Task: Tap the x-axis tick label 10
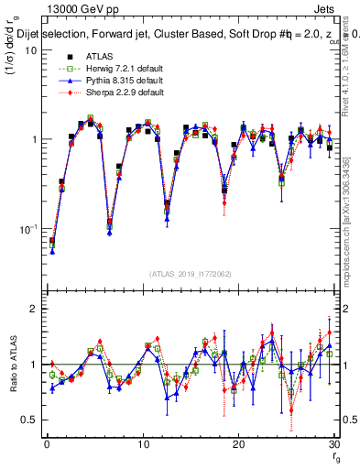click(x=142, y=444)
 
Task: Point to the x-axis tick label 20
click(x=238, y=444)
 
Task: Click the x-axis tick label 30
click(x=334, y=444)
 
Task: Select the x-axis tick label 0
click(x=46, y=444)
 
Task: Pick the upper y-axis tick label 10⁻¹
click(x=27, y=228)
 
